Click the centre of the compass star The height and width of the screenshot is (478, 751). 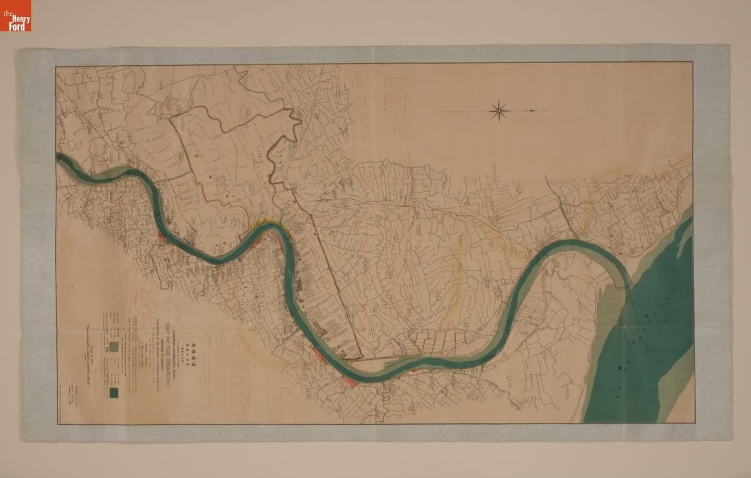coord(498,111)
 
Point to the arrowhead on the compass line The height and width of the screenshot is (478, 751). coord(533,111)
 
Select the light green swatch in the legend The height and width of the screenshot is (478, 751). coord(115,345)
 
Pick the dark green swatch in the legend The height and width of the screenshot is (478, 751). coord(115,393)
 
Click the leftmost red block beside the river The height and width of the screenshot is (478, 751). coord(161,237)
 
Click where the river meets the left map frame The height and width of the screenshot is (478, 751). coord(58,157)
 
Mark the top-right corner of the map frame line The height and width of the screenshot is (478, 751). coord(692,63)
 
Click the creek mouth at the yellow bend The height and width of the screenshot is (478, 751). coord(276,219)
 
